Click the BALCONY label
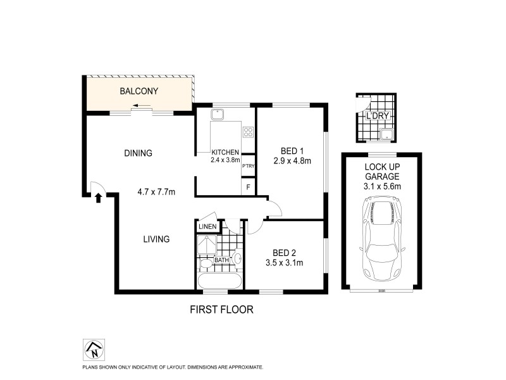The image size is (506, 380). (x=139, y=91)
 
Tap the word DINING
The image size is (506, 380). (x=138, y=153)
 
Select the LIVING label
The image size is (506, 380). (x=156, y=239)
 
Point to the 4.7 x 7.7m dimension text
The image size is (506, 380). (x=156, y=191)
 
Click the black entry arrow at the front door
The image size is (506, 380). (x=99, y=198)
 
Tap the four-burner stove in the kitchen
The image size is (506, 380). (x=248, y=132)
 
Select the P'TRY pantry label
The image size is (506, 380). (x=247, y=167)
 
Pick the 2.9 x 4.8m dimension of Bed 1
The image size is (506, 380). (x=293, y=161)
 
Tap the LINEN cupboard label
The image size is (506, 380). (x=207, y=227)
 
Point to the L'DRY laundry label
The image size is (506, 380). (x=377, y=117)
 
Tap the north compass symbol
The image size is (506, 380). (x=94, y=348)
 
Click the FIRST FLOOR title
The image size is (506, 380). (x=222, y=310)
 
